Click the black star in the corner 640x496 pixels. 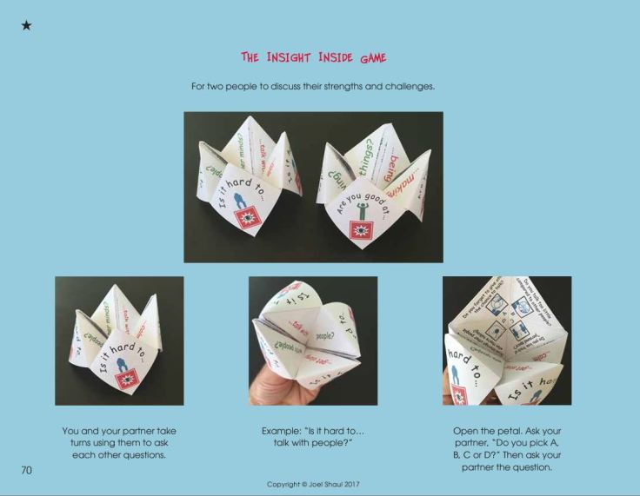tap(26, 26)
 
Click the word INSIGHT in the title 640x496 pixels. tap(287, 58)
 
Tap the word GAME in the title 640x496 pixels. tap(370, 58)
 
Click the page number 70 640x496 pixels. tap(27, 470)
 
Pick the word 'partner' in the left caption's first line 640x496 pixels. tap(135, 431)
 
